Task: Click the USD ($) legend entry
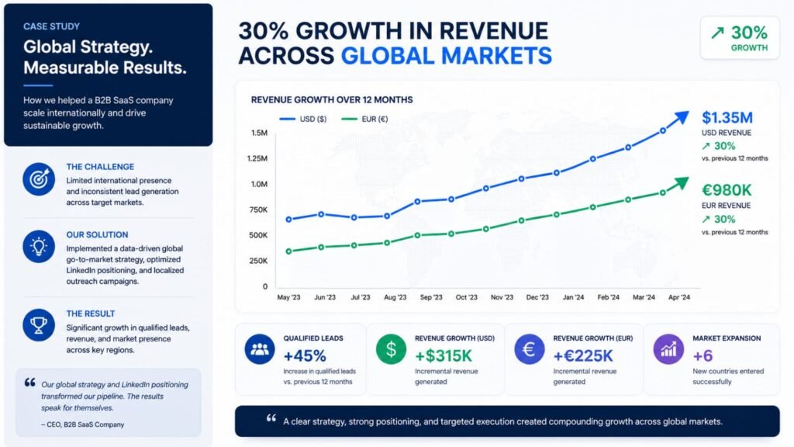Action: (x=303, y=119)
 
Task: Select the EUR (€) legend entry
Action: (x=364, y=119)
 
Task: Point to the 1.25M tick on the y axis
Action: (x=257, y=158)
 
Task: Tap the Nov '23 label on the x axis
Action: (x=502, y=297)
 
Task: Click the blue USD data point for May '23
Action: (x=289, y=220)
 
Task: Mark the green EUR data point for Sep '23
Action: (x=418, y=235)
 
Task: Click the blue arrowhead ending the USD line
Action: (x=682, y=118)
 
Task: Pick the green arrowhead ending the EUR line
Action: (x=682, y=183)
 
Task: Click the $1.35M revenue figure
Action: (x=727, y=118)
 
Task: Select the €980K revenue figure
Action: (x=727, y=190)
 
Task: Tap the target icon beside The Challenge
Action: (x=39, y=179)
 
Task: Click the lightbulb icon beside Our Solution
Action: (x=39, y=247)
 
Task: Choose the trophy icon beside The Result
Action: (x=39, y=325)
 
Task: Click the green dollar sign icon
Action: (x=391, y=349)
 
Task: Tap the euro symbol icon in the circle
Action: (x=529, y=349)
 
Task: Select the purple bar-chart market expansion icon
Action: (x=668, y=349)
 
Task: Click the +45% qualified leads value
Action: (x=305, y=355)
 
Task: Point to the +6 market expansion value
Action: (x=703, y=355)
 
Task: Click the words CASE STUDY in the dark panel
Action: (x=52, y=26)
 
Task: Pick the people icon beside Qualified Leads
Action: (x=260, y=349)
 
